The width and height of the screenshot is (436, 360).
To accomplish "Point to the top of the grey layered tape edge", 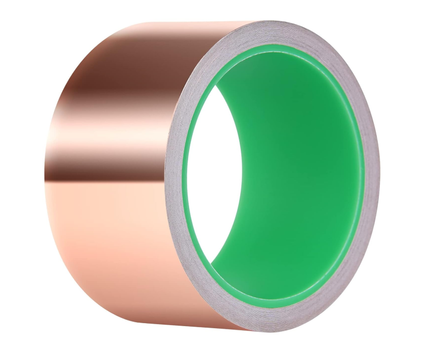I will coord(283,33).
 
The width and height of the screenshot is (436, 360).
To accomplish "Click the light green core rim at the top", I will coord(283,48).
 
